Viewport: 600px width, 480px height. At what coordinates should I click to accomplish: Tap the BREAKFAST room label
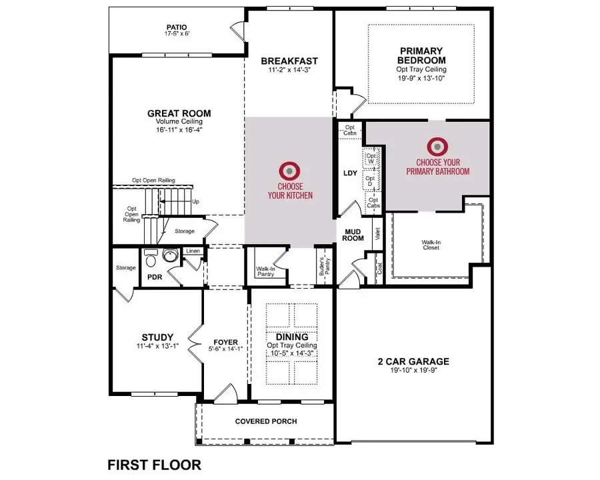[289, 61]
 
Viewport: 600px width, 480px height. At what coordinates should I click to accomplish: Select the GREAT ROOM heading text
[179, 113]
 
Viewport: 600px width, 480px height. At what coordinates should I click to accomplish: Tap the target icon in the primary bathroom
[437, 145]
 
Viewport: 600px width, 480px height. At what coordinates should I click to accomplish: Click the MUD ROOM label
[353, 234]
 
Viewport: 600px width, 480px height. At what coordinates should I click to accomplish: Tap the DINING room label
[291, 337]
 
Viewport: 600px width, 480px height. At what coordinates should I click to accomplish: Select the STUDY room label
[157, 337]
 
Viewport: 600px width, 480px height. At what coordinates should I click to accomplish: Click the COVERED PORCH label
[266, 421]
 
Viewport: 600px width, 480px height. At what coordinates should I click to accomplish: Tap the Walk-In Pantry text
[266, 272]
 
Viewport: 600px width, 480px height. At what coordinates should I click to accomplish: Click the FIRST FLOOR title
[154, 464]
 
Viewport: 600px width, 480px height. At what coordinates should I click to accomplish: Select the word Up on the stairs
[195, 201]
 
